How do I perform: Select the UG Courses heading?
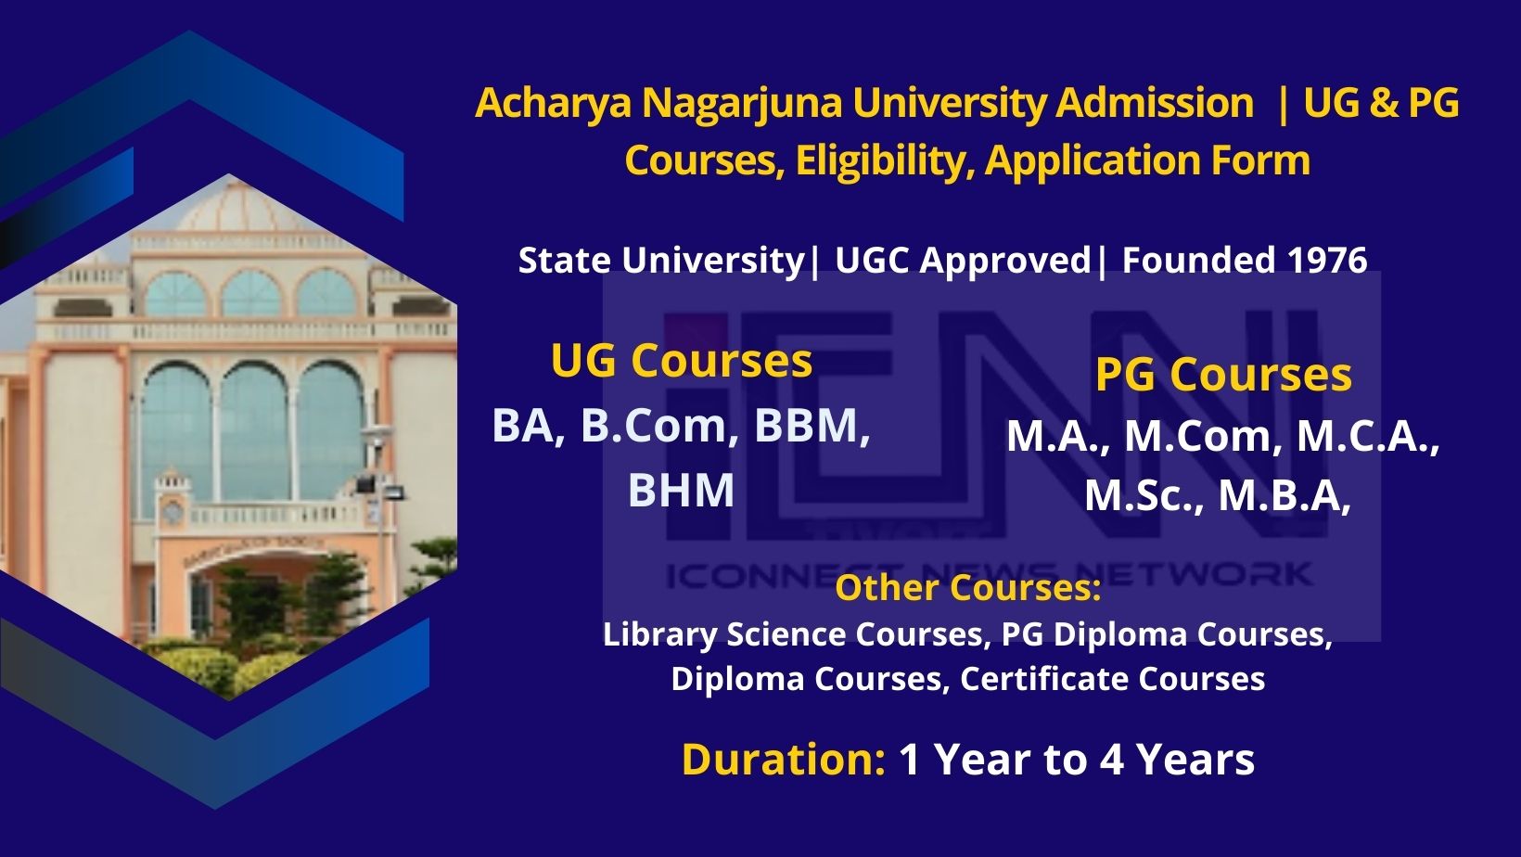(x=682, y=360)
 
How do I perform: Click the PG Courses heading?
(x=1223, y=374)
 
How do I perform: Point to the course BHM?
(x=681, y=490)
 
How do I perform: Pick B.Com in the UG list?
(x=658, y=426)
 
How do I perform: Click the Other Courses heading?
(x=968, y=587)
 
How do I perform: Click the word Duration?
(x=784, y=759)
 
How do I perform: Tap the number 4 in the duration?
(x=1111, y=759)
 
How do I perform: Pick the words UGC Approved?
(x=963, y=261)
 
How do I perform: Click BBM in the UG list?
(x=812, y=426)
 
